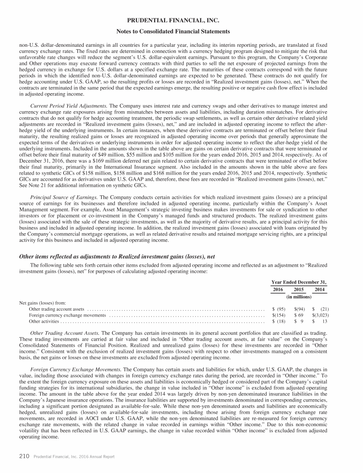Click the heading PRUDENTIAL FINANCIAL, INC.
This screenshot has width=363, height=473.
[x=181, y=21]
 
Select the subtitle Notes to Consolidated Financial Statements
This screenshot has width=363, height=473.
[x=181, y=31]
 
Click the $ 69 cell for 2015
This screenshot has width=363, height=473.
[x=298, y=315]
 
